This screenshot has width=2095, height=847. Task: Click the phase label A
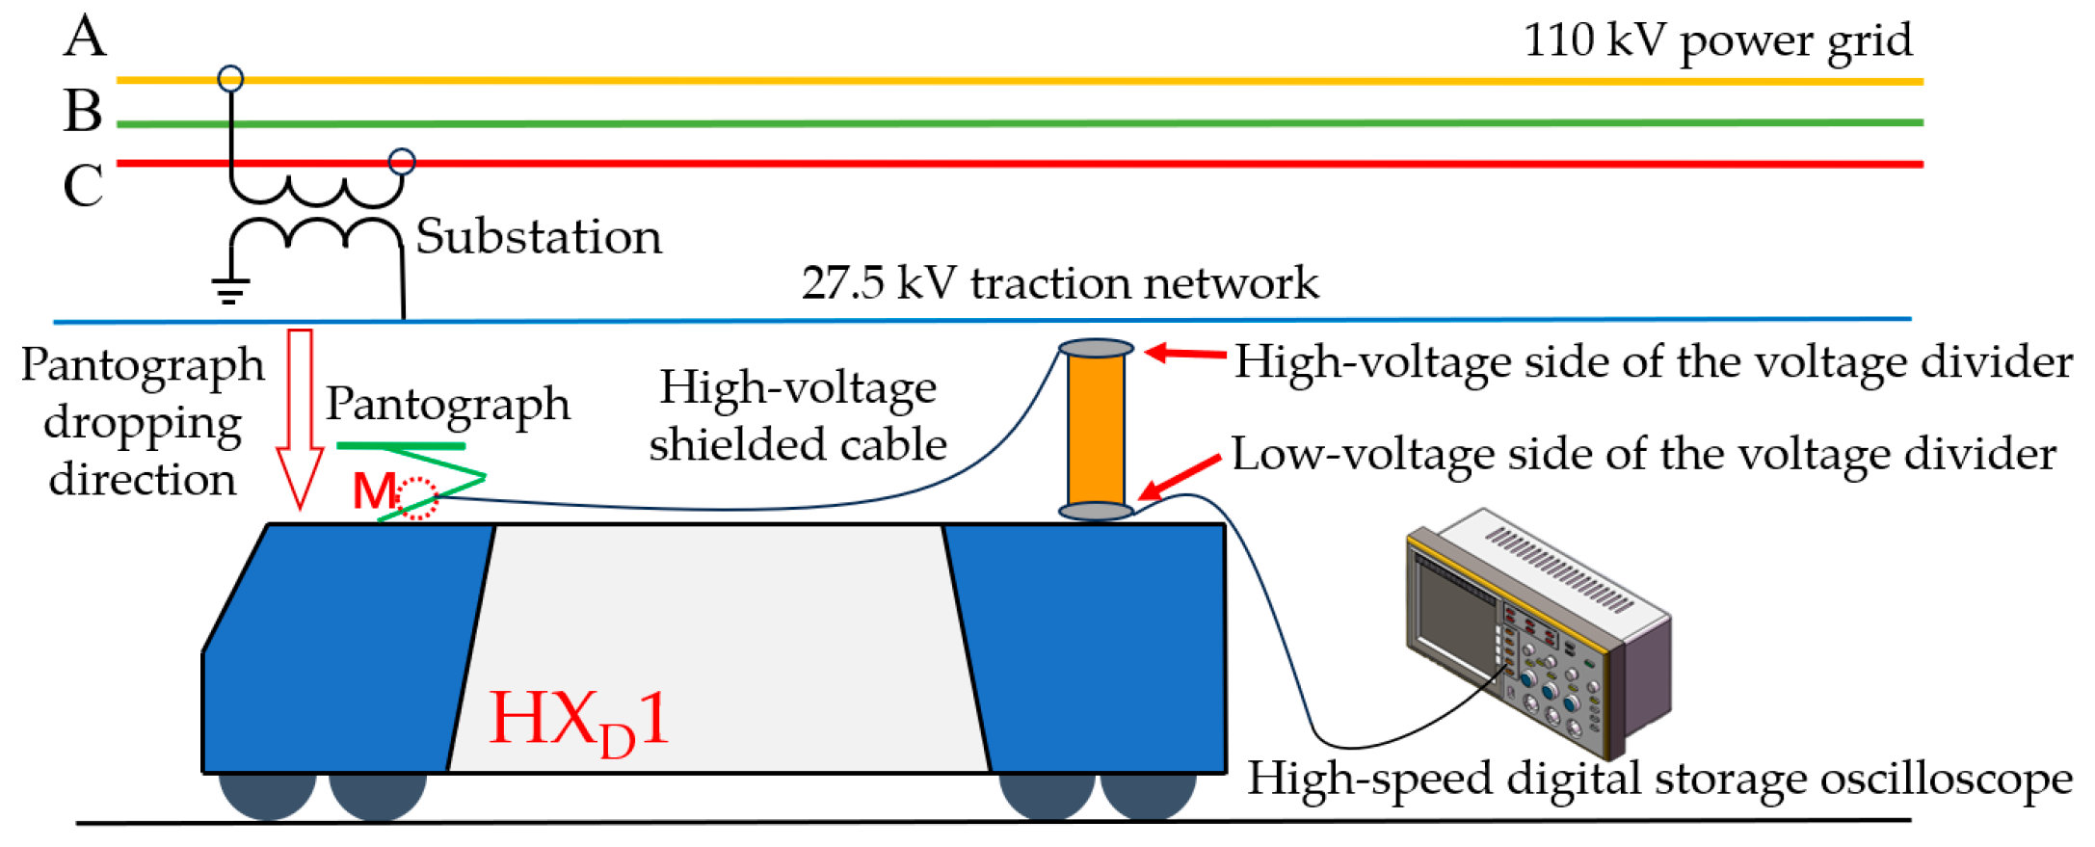pos(85,38)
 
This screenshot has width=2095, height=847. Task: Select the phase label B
pos(83,111)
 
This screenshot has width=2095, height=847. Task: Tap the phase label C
pos(83,185)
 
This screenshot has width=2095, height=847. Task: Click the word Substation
pos(539,237)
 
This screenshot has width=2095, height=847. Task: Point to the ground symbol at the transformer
pos(229,288)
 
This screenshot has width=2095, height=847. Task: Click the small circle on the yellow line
pos(230,78)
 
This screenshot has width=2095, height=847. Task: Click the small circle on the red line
pos(402,161)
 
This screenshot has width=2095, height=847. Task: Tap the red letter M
pos(373,491)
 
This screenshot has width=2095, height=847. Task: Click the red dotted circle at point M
pos(418,498)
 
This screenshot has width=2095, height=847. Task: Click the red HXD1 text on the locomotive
pos(578,721)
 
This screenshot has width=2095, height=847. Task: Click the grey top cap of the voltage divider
pos(1096,348)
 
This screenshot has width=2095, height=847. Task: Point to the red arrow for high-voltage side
pos(1185,354)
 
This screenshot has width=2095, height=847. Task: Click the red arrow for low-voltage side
pos(1180,477)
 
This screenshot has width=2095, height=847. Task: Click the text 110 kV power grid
pos(1716,40)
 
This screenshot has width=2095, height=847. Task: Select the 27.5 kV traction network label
pos(1059,283)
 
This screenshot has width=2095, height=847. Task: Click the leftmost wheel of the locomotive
pos(267,792)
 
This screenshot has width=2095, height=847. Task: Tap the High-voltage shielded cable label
pos(797,415)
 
